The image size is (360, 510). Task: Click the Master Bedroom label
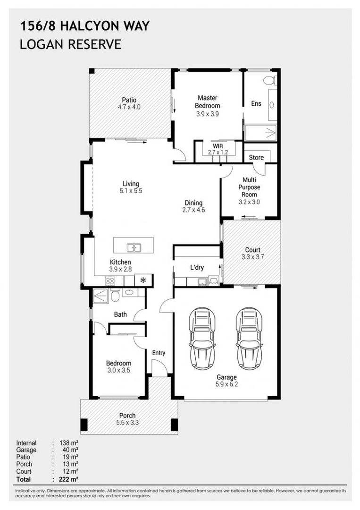208,102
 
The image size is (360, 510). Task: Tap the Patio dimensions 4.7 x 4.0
129,107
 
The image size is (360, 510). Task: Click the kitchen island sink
134,247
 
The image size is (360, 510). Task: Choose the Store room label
257,157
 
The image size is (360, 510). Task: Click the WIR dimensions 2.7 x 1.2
218,153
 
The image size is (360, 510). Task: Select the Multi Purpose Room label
249,187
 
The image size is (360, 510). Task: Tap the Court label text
252,250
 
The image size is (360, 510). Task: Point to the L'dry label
197,268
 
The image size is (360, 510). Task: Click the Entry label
159,353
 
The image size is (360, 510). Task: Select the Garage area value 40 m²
71,450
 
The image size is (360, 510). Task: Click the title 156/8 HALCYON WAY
84,26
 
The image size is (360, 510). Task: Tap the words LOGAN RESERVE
70,44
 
